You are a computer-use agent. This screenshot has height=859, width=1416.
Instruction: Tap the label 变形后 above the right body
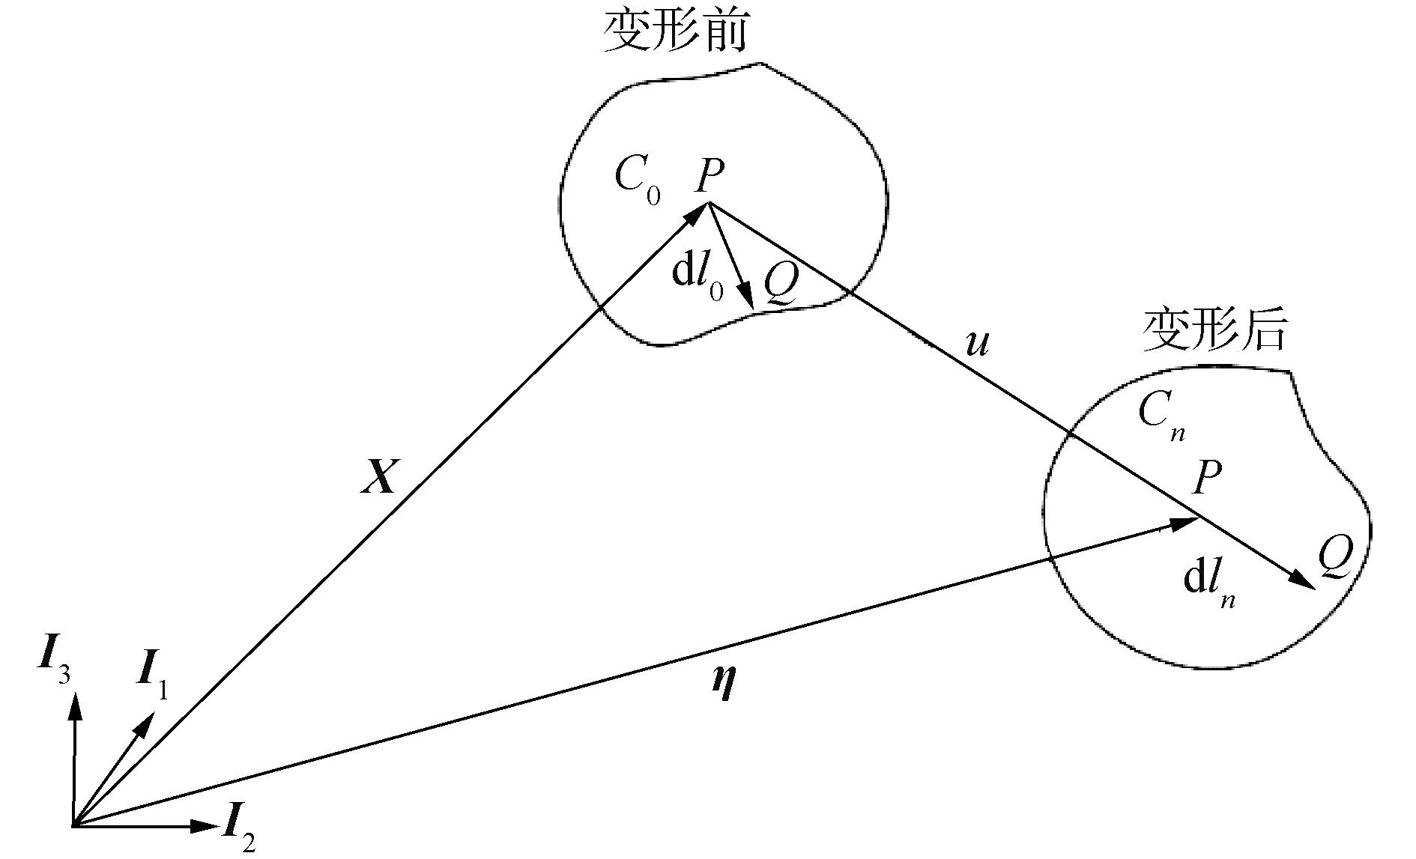tap(1213, 330)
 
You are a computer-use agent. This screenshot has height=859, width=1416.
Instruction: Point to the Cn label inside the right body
tap(1160, 416)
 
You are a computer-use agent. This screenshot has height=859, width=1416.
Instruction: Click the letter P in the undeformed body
tap(708, 177)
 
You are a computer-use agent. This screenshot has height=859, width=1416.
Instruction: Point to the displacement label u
tap(977, 344)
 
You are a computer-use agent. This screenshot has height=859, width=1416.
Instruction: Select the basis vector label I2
tap(240, 835)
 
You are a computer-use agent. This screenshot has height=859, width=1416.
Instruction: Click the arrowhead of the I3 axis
tap(74, 706)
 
